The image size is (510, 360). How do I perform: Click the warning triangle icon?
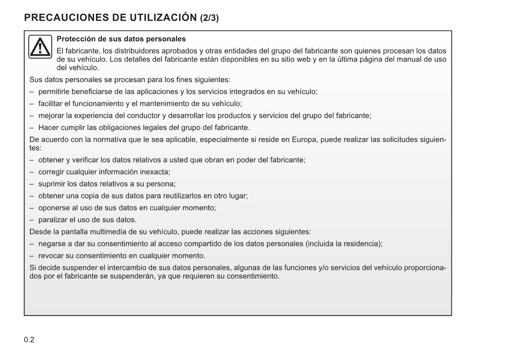(x=40, y=47)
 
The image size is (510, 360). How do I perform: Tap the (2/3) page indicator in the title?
(x=209, y=18)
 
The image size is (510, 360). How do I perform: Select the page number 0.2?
(x=29, y=340)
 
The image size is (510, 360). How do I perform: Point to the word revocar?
(x=51, y=256)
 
